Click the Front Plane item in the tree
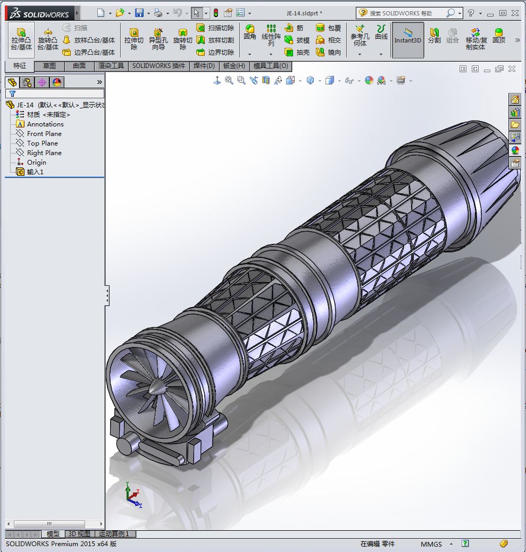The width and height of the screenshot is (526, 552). pyautogui.click(x=44, y=134)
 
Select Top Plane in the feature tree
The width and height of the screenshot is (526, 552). pyautogui.click(x=42, y=143)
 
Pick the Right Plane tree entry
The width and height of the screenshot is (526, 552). pyautogui.click(x=44, y=153)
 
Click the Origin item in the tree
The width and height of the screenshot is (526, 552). pyautogui.click(x=36, y=163)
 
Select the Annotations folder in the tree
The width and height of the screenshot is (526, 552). pyautogui.click(x=45, y=124)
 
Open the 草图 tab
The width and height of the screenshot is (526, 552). pyautogui.click(x=49, y=66)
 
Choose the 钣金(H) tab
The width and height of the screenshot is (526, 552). pyautogui.click(x=234, y=66)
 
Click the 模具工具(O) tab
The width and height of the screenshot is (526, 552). pyautogui.click(x=271, y=66)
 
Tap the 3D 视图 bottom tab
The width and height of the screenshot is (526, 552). pyautogui.click(x=79, y=534)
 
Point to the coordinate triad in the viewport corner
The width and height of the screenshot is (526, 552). pyautogui.click(x=131, y=495)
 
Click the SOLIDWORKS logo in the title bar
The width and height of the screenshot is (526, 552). pyautogui.click(x=40, y=13)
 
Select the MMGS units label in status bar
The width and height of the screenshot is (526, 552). pyautogui.click(x=431, y=544)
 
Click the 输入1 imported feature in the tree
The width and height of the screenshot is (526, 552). pyautogui.click(x=36, y=172)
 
